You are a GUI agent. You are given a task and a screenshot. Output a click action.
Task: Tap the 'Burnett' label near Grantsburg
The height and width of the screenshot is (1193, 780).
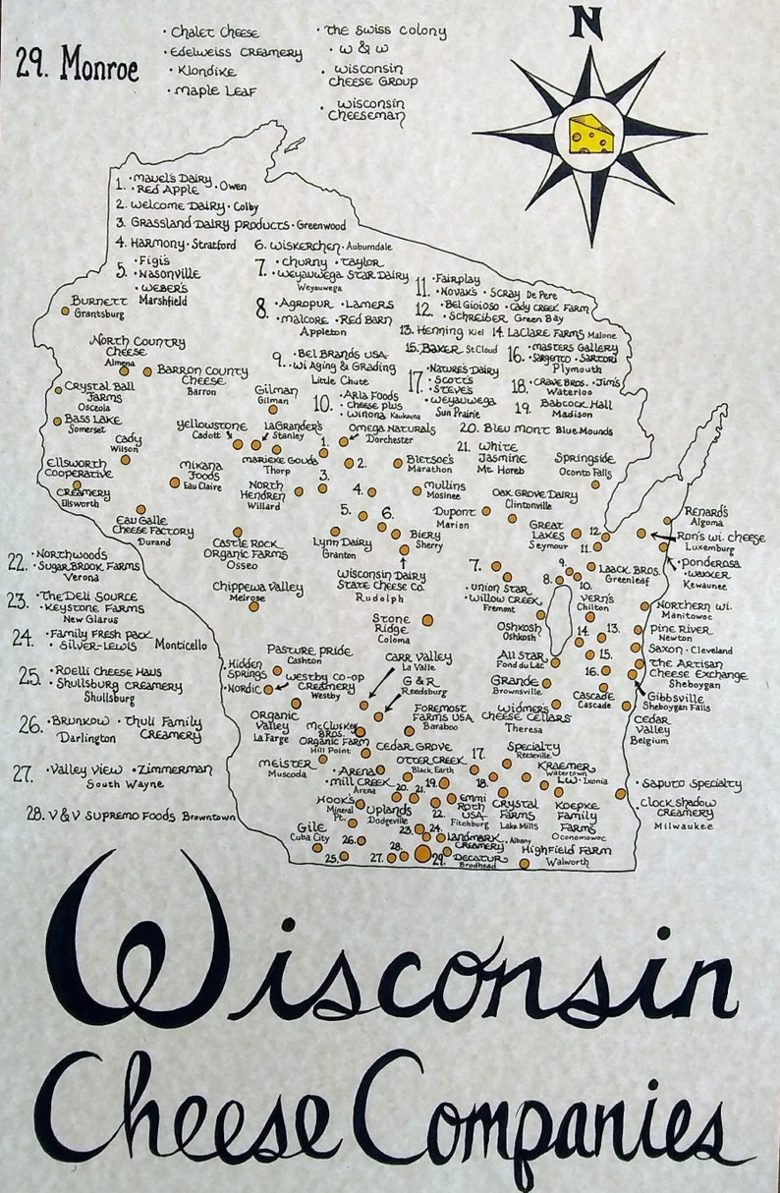(99, 301)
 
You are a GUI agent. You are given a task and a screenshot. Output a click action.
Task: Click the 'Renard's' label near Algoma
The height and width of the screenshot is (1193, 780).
(706, 512)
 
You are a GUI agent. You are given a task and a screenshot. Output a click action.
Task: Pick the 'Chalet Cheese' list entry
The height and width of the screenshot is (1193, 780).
(215, 32)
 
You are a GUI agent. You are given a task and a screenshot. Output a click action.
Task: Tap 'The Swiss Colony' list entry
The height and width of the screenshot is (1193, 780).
(385, 31)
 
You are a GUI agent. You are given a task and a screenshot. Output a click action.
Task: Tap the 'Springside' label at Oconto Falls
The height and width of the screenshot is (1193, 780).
(585, 458)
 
